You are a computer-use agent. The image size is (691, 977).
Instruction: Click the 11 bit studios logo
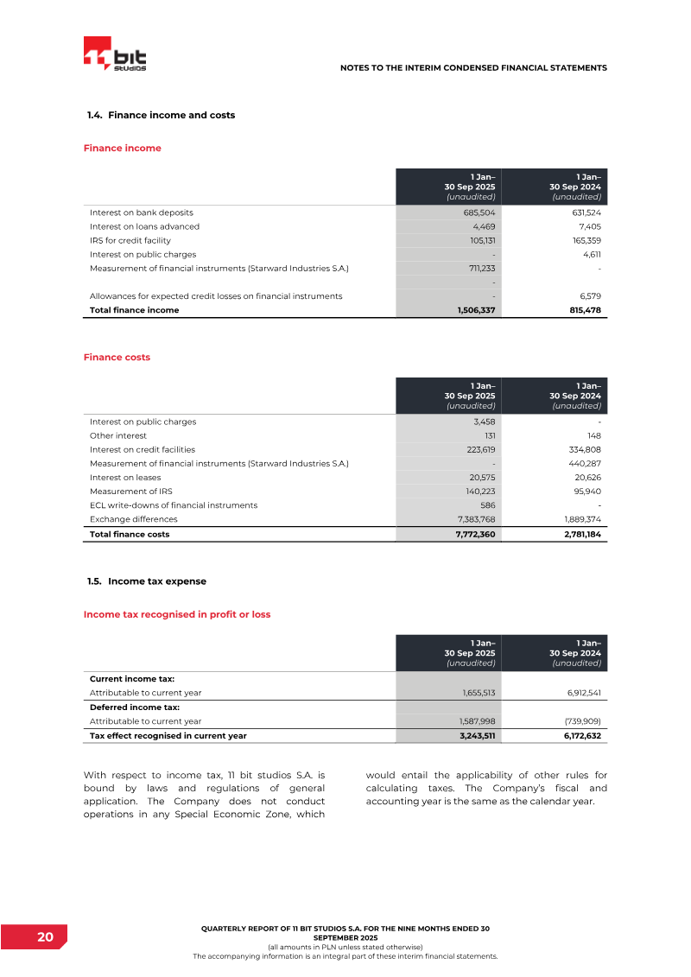tap(114, 56)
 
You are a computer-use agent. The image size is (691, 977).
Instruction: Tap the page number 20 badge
tap(45, 937)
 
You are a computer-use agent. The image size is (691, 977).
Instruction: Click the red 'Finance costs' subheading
tap(117, 357)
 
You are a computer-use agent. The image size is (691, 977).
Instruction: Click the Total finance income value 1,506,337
tap(475, 310)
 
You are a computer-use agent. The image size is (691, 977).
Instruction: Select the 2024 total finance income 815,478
tap(580, 310)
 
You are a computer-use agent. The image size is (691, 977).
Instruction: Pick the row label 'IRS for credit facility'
tap(130, 240)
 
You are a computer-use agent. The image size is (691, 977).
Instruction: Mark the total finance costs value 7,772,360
tap(474, 535)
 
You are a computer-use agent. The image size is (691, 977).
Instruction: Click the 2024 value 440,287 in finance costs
tap(582, 464)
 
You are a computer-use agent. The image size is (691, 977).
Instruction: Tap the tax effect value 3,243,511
tap(475, 736)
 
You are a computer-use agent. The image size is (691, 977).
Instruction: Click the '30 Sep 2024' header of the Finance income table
tap(575, 187)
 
